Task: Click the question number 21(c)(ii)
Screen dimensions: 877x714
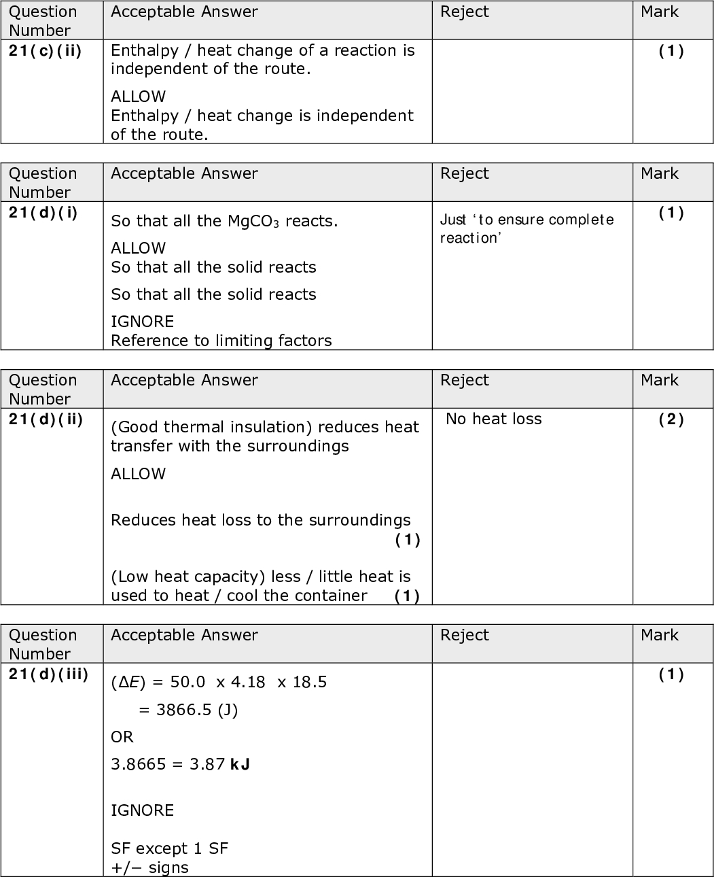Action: click(45, 51)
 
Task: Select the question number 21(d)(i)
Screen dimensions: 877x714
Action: click(43, 213)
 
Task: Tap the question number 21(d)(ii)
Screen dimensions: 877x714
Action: click(46, 419)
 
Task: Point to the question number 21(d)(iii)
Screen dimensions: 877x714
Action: click(48, 674)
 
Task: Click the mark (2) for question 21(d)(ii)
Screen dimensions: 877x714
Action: click(671, 419)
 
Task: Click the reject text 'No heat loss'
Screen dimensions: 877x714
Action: click(494, 419)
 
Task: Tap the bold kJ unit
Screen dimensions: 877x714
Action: click(240, 765)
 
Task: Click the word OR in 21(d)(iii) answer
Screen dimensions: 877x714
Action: click(122, 737)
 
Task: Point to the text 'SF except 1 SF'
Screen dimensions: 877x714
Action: click(169, 848)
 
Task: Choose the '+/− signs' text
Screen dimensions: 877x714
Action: click(149, 867)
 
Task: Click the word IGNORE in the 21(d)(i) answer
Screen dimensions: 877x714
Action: click(142, 322)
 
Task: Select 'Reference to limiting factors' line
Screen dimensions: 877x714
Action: click(221, 341)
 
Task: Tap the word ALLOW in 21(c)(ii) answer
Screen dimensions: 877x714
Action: click(138, 97)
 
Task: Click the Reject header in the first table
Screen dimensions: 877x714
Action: click(464, 12)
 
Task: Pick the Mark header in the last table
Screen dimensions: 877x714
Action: click(659, 635)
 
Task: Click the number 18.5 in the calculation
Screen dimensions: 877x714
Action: click(310, 683)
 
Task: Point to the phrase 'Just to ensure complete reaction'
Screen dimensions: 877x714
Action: click(526, 228)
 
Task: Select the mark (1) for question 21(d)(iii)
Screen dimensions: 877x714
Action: click(671, 674)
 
